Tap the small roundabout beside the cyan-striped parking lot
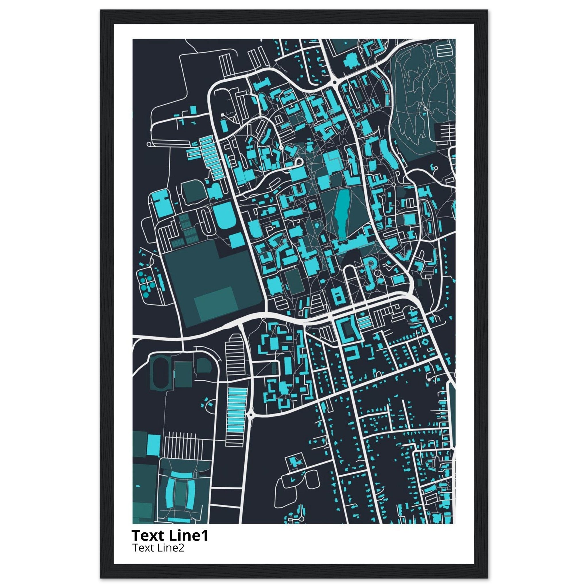(x=251, y=415)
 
